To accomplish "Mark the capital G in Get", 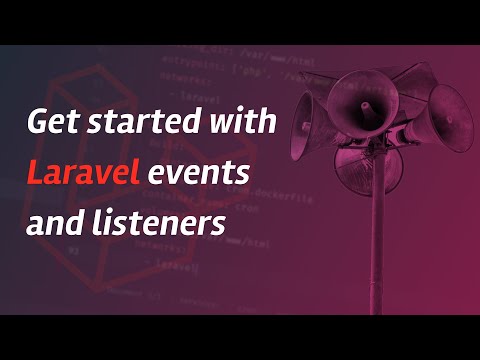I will [x=37, y=124].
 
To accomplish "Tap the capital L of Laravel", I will [x=33, y=174].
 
